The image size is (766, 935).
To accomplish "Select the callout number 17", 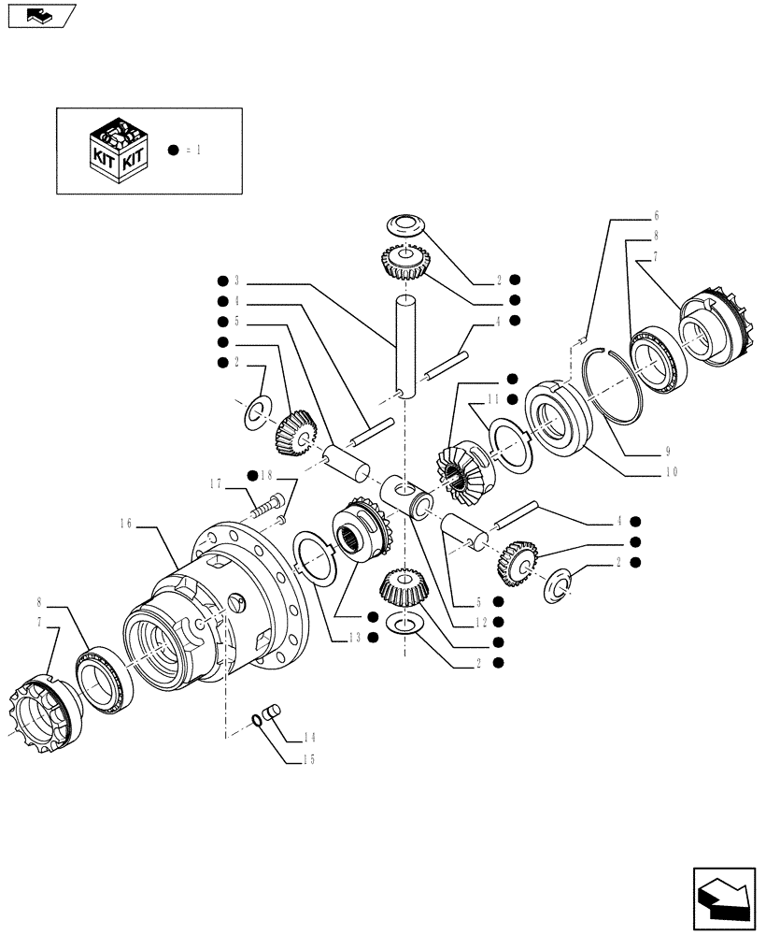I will [x=216, y=483].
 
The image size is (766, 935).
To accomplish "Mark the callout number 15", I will [x=307, y=759].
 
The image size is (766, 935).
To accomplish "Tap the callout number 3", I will [x=237, y=280].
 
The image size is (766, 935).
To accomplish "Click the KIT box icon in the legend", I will [x=115, y=151].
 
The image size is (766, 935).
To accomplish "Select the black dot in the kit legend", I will [x=173, y=151].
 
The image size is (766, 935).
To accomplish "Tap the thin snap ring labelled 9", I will [x=616, y=375].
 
